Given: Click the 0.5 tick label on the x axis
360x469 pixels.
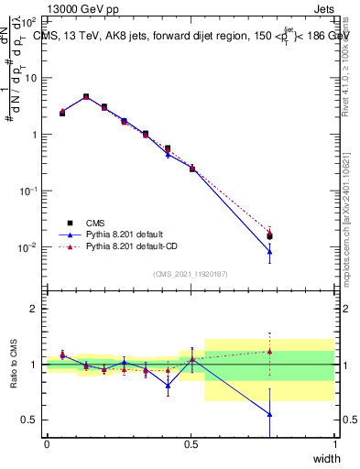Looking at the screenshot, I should (x=191, y=444).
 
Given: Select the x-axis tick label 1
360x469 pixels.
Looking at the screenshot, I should (x=335, y=444).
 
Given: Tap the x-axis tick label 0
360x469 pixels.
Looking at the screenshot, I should (x=47, y=444).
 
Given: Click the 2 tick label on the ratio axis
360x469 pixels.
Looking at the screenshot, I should (x=34, y=309).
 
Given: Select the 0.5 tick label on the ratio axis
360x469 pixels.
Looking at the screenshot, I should (x=30, y=420).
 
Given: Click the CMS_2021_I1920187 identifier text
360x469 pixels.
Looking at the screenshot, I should (x=190, y=274).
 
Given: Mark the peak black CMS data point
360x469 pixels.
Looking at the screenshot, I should (x=86, y=96).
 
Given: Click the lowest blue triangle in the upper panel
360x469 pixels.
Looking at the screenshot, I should (x=269, y=252).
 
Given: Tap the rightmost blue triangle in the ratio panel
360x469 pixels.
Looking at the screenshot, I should (x=269, y=414).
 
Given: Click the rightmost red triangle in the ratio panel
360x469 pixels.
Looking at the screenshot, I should (x=269, y=351).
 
